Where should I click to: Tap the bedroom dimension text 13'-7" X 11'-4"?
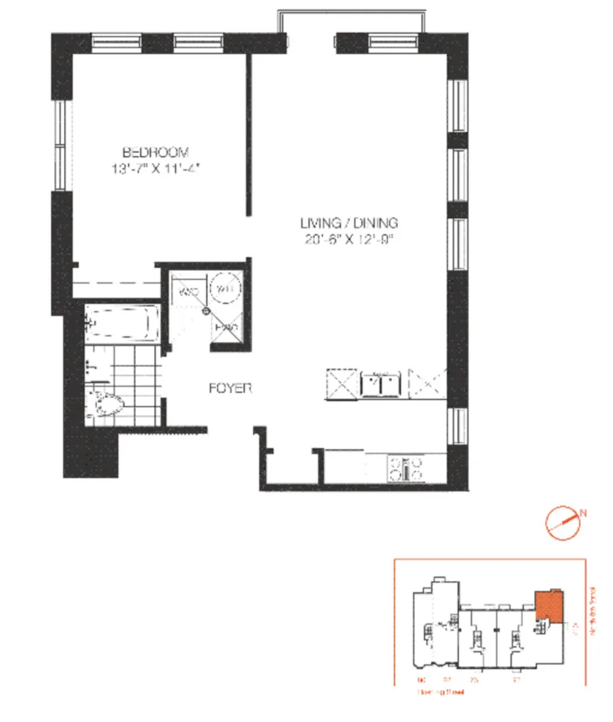click(x=157, y=169)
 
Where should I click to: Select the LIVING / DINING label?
click(x=349, y=223)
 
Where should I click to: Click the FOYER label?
click(x=230, y=388)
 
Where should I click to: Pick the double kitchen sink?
click(x=381, y=384)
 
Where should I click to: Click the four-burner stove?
click(x=406, y=467)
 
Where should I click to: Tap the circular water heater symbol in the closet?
click(x=222, y=289)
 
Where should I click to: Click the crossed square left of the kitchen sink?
click(x=341, y=384)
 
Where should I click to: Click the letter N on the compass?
click(x=584, y=513)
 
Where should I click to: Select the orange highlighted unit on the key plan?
click(x=549, y=606)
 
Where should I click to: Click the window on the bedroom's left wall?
click(x=61, y=145)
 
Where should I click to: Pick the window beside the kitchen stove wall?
click(x=457, y=426)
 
